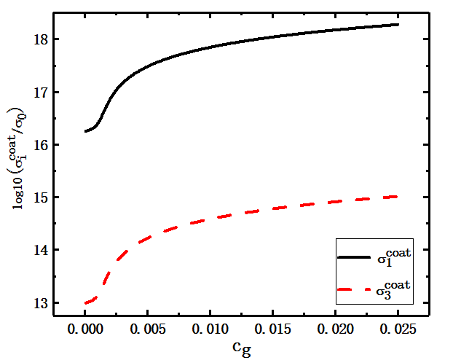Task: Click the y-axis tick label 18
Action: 41,40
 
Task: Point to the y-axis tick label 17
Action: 41,93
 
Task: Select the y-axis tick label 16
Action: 41,145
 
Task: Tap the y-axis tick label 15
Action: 41,197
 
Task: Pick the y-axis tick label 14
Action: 41,250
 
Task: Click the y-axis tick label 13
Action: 41,302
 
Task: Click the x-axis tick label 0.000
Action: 85,329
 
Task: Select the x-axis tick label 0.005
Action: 148,329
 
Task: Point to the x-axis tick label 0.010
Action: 210,329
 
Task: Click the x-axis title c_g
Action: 243,348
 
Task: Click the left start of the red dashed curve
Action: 85,302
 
